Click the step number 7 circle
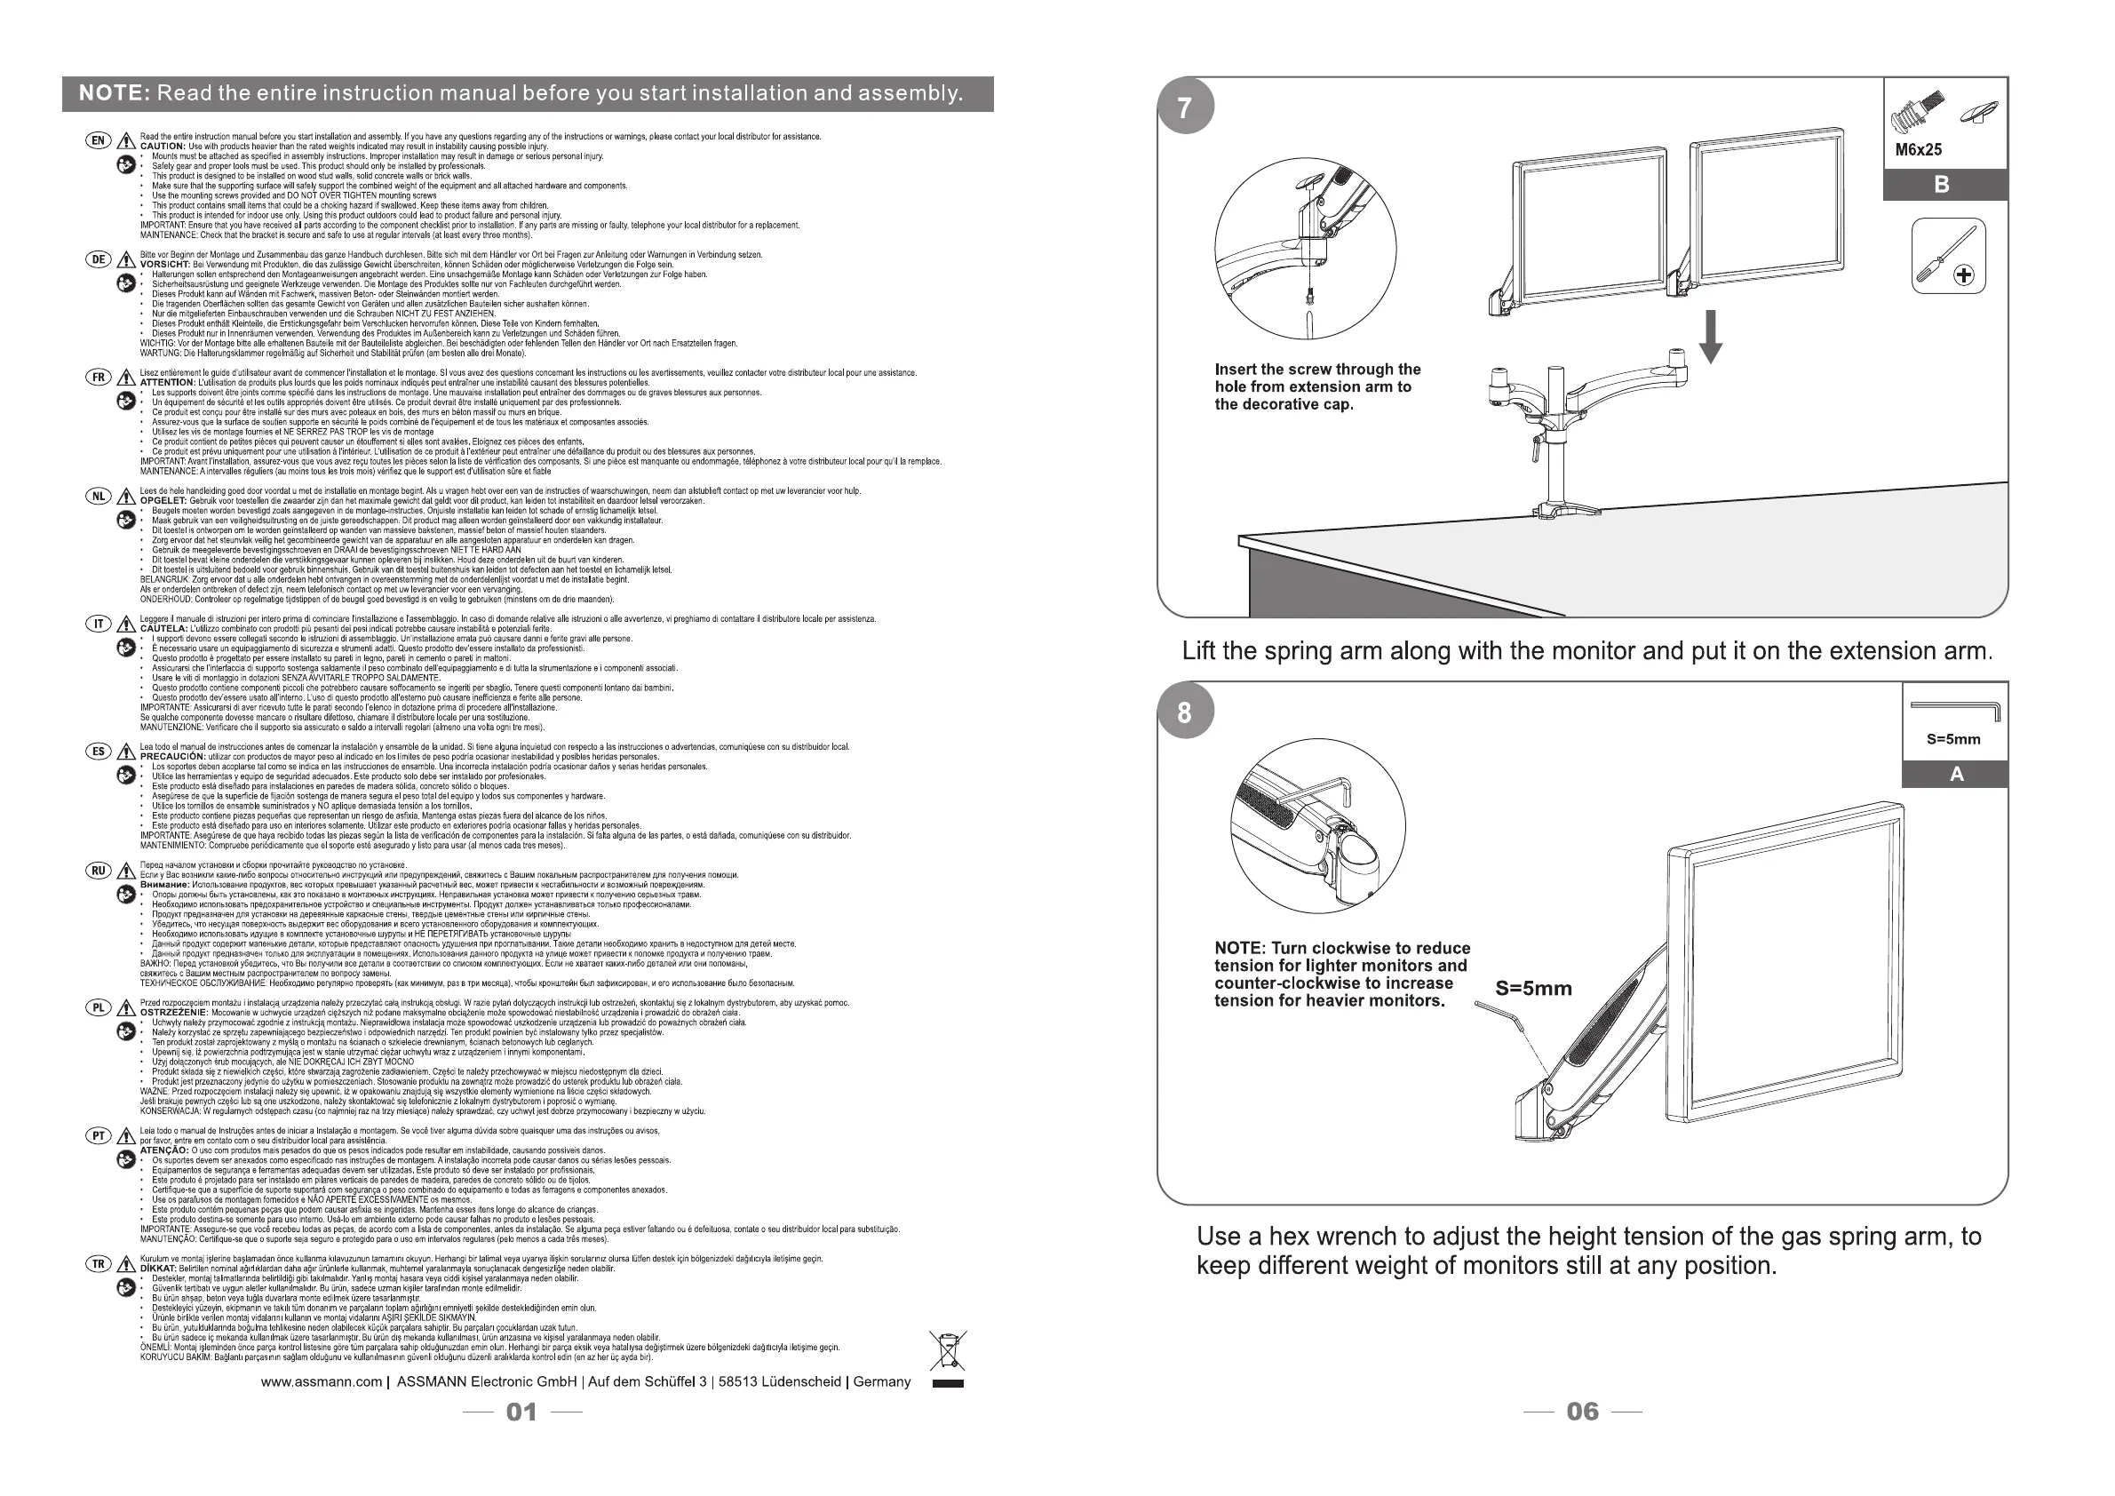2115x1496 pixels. (1185, 107)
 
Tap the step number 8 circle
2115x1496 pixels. (1185, 712)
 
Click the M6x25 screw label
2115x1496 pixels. (1919, 150)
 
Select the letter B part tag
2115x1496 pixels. (1942, 184)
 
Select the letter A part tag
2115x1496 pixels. (1957, 775)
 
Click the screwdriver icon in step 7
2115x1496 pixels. (1947, 256)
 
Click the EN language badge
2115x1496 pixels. (99, 140)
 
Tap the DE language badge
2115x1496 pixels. (99, 259)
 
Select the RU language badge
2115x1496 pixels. (99, 871)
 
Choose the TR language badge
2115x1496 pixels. (99, 1264)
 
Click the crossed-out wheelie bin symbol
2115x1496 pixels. (947, 1350)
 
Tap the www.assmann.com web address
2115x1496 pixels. (321, 1381)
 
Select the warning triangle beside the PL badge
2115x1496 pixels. (126, 1009)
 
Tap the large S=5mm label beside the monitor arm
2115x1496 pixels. (1534, 989)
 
